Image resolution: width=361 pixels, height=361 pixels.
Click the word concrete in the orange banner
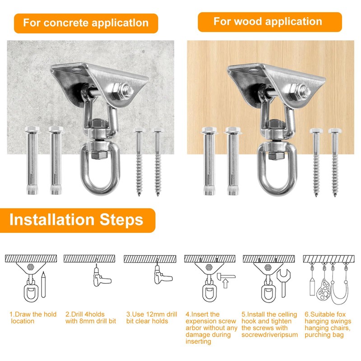click(66, 23)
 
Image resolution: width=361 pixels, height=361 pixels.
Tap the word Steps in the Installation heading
click(121, 219)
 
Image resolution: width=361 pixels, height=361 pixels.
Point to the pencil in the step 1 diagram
click(43, 285)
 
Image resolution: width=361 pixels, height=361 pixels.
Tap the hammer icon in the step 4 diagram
click(225, 276)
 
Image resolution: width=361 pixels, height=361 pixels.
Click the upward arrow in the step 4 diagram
click(226, 283)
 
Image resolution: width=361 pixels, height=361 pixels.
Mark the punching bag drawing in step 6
click(324, 290)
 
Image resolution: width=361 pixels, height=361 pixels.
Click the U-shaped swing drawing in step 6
click(339, 297)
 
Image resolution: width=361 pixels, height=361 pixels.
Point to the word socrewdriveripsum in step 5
click(269, 334)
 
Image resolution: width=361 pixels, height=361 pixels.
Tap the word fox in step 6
click(341, 314)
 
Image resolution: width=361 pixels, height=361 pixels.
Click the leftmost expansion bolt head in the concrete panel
click(32, 130)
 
